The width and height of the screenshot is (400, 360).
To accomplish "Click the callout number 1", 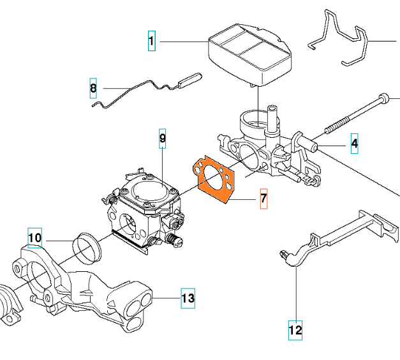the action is coord(152,41).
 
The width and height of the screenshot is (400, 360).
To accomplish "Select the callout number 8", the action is coord(93,88).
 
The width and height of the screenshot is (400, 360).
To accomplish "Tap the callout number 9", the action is coord(163,139).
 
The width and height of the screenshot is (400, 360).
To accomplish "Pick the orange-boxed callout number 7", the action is coord(263,199).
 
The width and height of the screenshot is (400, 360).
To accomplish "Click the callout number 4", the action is coord(354,144).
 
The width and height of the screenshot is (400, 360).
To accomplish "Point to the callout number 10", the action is coord(35,237).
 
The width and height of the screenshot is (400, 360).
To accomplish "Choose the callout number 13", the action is coord(188,298).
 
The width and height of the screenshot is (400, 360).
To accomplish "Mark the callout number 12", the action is coord(295,331).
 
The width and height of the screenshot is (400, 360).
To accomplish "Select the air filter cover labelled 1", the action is coord(250,54).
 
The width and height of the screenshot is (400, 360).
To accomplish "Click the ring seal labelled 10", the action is coord(87,248).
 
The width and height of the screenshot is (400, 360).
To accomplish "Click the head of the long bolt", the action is coord(384,98).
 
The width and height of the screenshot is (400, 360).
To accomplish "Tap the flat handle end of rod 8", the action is coord(190,80).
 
